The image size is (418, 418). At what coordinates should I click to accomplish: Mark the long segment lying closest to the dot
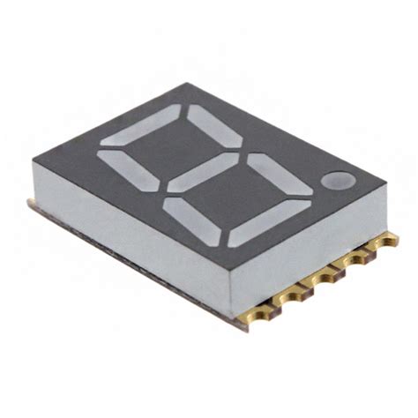268,224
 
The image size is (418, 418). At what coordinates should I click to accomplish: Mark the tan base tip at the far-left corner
29,204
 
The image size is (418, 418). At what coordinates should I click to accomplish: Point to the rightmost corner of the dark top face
386,184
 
